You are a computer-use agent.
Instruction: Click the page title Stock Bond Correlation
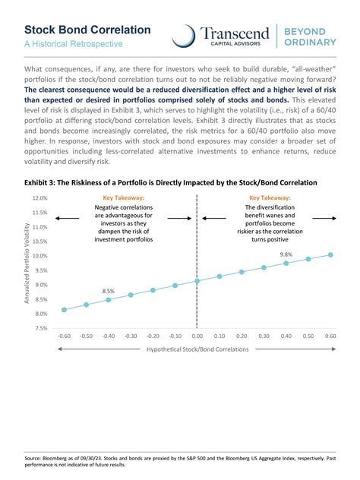pos(87,30)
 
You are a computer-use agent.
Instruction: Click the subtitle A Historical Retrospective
pos(74,45)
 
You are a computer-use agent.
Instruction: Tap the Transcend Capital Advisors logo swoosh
pos(183,36)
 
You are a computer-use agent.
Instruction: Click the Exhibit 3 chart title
pos(171,183)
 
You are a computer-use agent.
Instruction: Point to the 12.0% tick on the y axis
pos(39,198)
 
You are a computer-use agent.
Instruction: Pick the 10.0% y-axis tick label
pos(39,256)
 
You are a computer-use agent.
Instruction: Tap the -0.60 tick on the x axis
pos(64,335)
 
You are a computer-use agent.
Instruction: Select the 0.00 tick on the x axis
pos(197,335)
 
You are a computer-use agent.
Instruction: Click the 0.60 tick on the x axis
pos(330,335)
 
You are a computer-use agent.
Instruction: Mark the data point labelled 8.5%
pos(109,300)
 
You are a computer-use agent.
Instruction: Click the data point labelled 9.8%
pos(286,263)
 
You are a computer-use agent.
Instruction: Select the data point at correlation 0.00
pos(197,281)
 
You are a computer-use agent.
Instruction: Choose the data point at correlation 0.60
pos(330,255)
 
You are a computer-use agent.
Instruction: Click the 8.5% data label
pos(109,291)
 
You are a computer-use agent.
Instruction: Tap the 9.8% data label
pos(286,254)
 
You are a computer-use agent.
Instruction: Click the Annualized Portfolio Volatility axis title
pos(27,264)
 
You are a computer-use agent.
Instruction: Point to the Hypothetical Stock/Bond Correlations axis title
pos(197,349)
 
